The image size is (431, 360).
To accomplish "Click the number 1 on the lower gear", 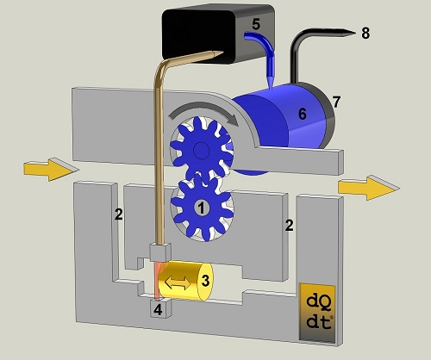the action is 202,208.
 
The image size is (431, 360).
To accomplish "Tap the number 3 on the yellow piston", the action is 205,281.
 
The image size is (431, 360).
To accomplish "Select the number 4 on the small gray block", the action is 158,310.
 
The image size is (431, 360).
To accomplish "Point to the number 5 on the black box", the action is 256,24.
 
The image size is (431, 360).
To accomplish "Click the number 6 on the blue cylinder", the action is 303,114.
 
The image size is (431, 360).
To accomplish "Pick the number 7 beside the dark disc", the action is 336,102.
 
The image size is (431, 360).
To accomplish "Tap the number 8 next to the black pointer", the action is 365,33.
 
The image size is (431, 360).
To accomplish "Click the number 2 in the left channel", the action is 119,214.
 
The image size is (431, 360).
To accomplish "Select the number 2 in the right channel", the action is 289,226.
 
